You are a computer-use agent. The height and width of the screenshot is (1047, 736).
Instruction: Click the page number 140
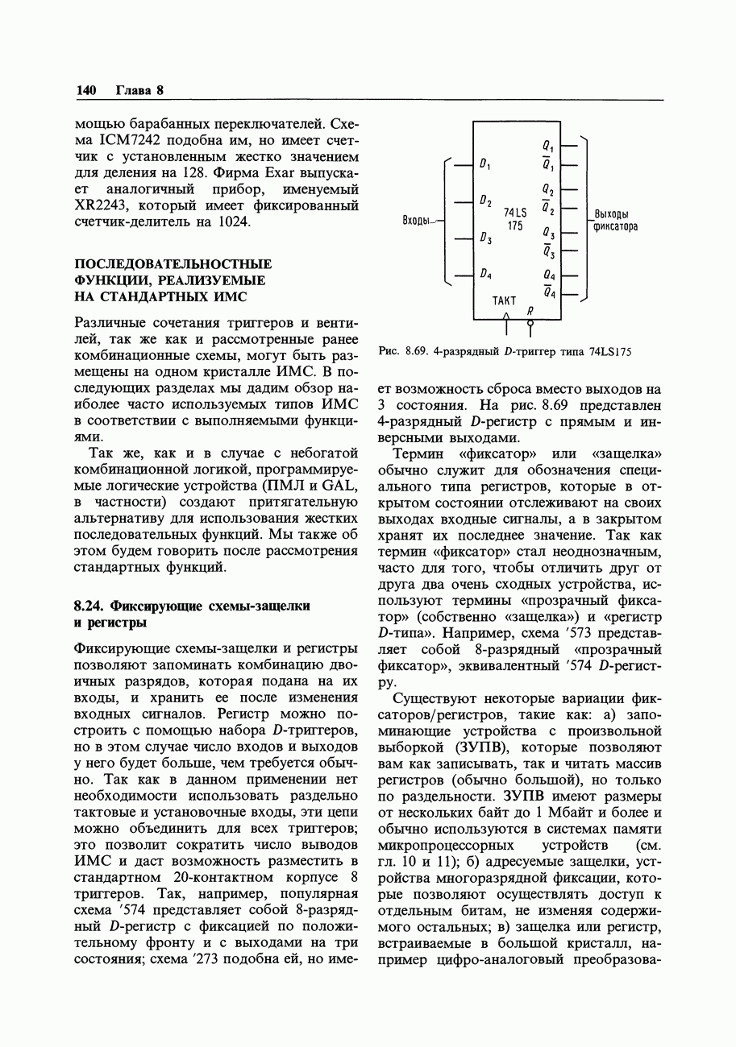[x=86, y=90]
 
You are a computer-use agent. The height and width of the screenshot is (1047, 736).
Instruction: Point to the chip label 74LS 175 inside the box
[x=515, y=218]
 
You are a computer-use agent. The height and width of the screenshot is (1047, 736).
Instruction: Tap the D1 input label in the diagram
[x=485, y=165]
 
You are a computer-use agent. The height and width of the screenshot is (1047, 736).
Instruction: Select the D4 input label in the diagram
[x=485, y=274]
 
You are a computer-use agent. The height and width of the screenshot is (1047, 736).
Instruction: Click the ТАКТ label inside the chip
[x=504, y=300]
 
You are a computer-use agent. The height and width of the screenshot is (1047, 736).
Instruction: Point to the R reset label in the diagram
[x=530, y=310]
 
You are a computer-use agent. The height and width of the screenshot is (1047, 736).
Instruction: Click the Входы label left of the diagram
[x=418, y=220]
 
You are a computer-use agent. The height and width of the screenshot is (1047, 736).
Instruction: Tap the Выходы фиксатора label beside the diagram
[x=615, y=220]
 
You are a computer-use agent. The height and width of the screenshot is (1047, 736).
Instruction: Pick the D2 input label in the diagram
[x=485, y=201]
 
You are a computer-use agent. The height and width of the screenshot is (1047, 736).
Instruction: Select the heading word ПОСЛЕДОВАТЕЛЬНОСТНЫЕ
[x=173, y=264]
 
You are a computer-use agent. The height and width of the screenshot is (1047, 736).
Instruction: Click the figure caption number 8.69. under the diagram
[x=417, y=351]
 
